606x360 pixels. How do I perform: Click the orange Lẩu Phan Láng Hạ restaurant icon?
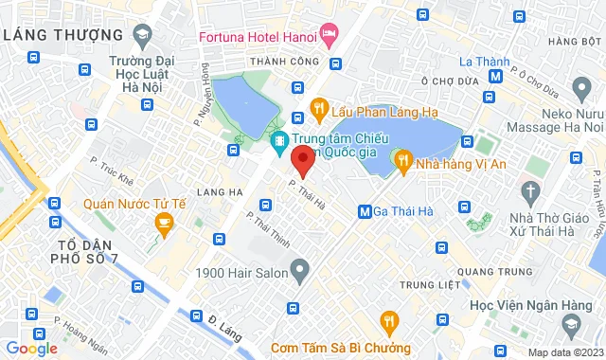click(x=321, y=109)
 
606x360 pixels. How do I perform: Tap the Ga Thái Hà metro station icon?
click(x=365, y=210)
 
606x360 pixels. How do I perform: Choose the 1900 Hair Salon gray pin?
click(x=299, y=272)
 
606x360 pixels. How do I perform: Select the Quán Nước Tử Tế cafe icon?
click(x=164, y=223)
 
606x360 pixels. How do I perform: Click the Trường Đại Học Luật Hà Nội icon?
click(x=142, y=37)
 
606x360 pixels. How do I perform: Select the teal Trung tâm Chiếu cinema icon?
click(x=279, y=144)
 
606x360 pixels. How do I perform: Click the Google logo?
click(x=32, y=348)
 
